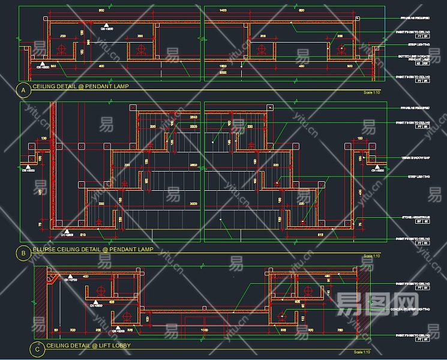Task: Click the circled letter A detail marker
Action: [23, 91]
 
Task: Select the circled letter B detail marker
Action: [23, 253]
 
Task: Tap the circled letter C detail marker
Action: [37, 349]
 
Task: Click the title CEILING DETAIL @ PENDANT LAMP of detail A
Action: [80, 86]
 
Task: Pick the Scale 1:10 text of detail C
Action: [363, 352]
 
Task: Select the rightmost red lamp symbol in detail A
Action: [340, 49]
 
